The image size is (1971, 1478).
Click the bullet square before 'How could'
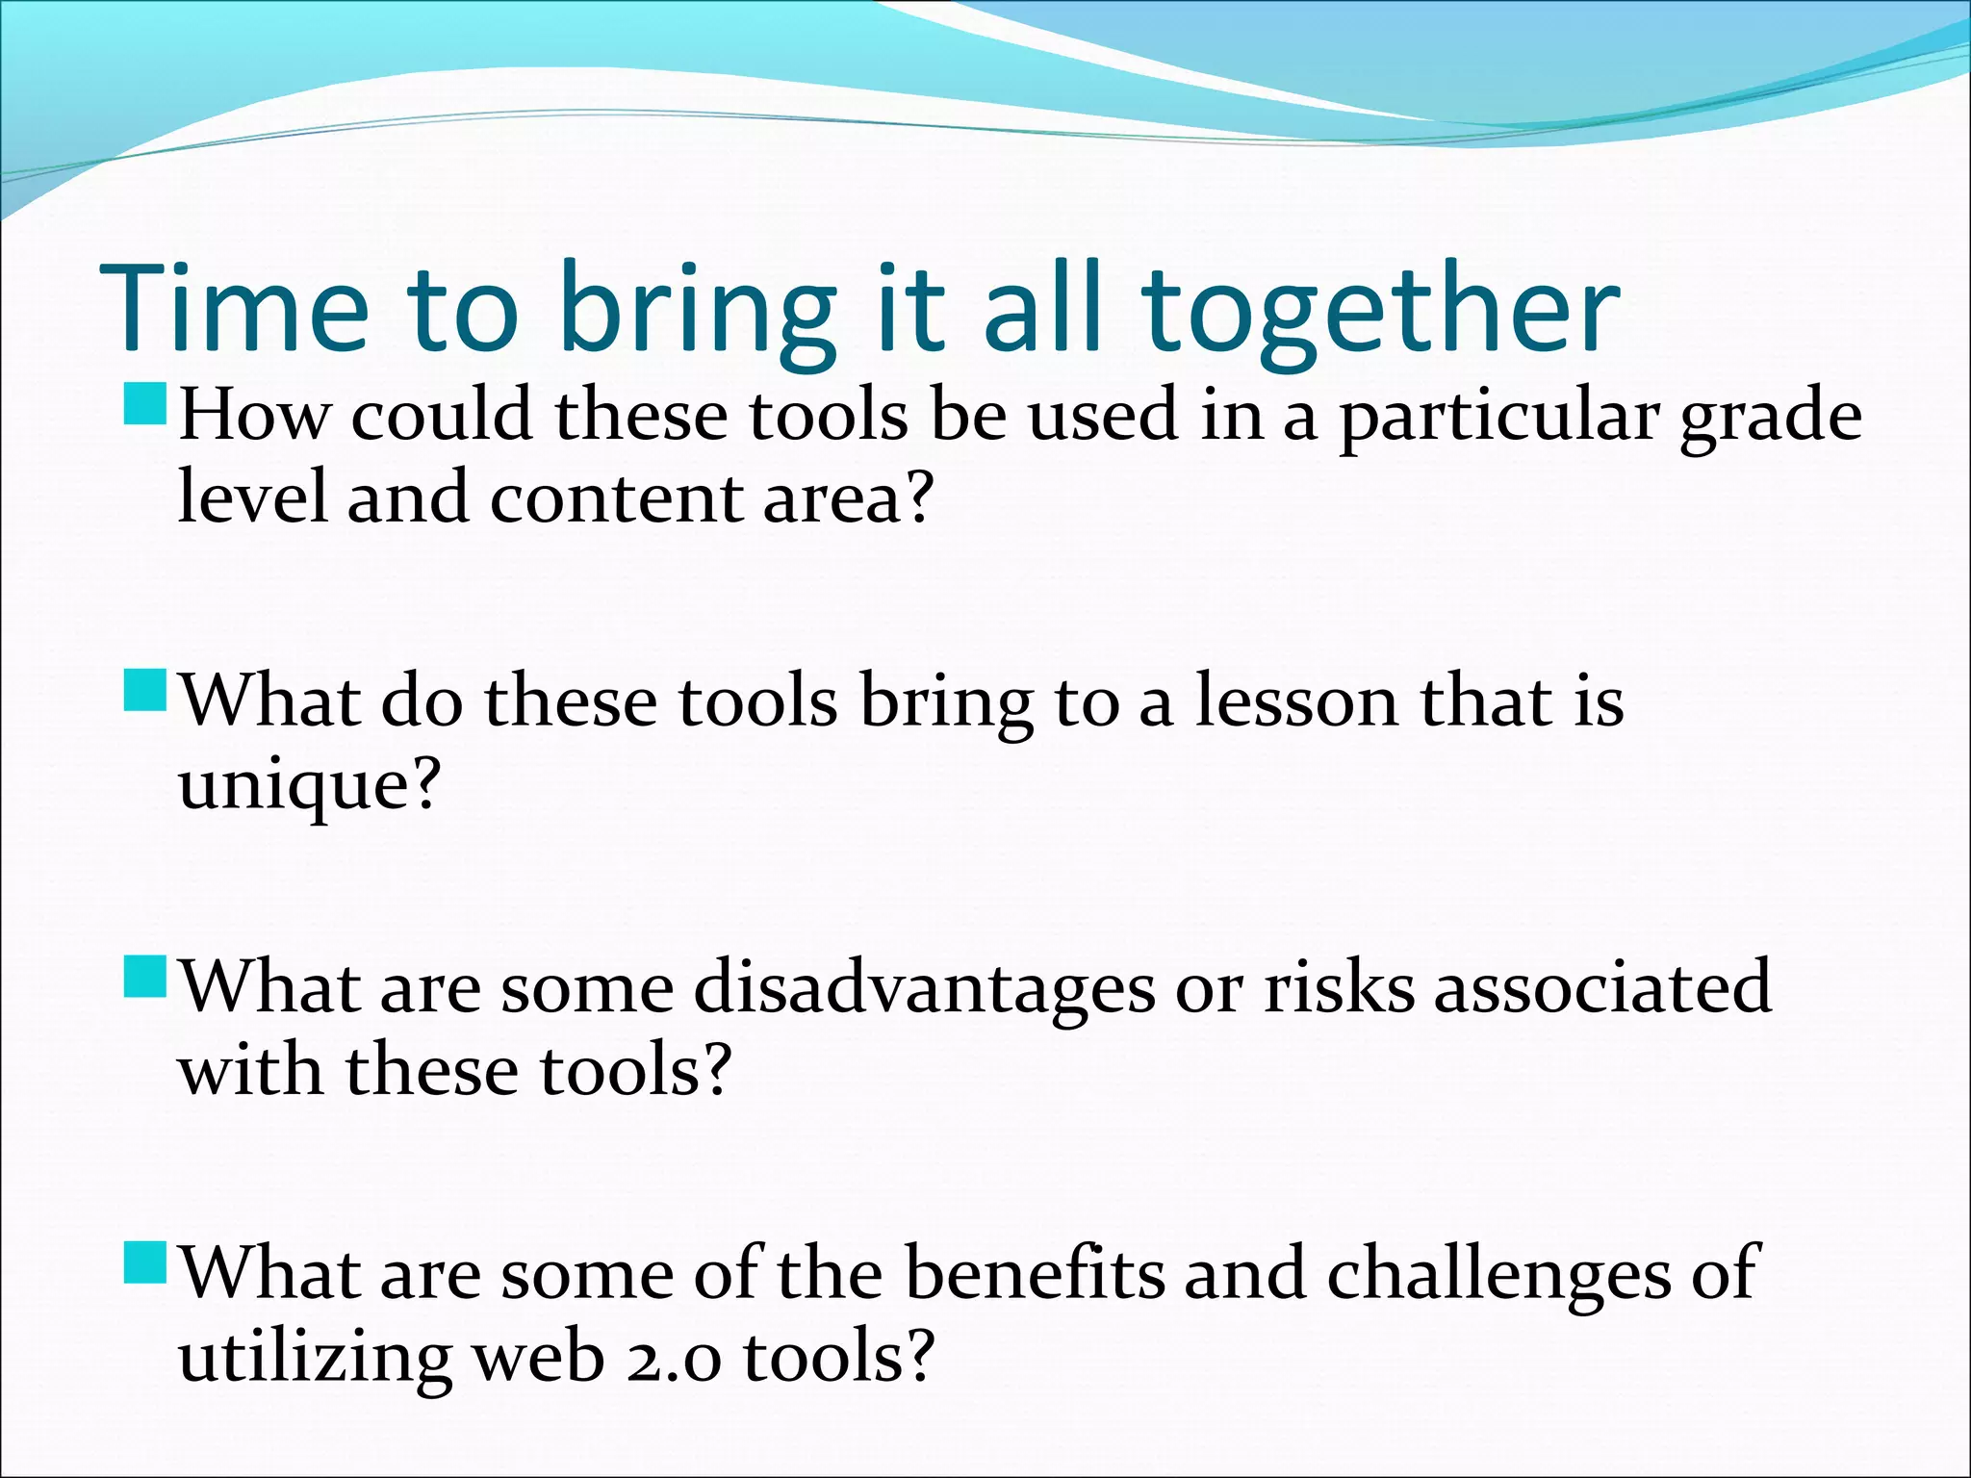pos(145,405)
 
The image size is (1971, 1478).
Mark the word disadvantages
pos(924,987)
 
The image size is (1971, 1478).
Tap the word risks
pos(1339,987)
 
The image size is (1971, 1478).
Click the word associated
pos(1602,987)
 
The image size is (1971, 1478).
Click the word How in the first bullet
pos(255,417)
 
